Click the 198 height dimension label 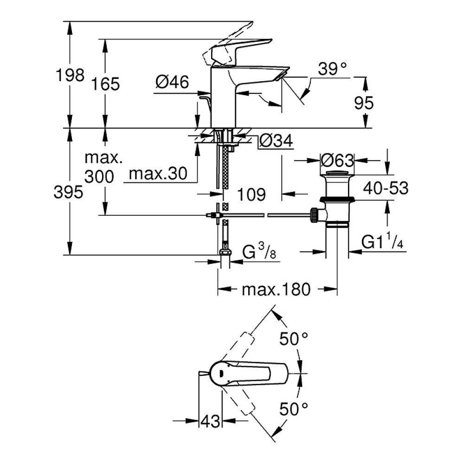[70, 75]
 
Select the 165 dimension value [105, 84]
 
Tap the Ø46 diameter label [172, 83]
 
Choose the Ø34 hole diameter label [276, 142]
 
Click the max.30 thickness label [157, 174]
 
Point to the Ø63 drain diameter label [337, 161]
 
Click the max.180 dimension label [276, 290]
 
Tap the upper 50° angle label [294, 339]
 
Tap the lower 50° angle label [294, 409]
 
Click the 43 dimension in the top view [210, 421]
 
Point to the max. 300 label [103, 167]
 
